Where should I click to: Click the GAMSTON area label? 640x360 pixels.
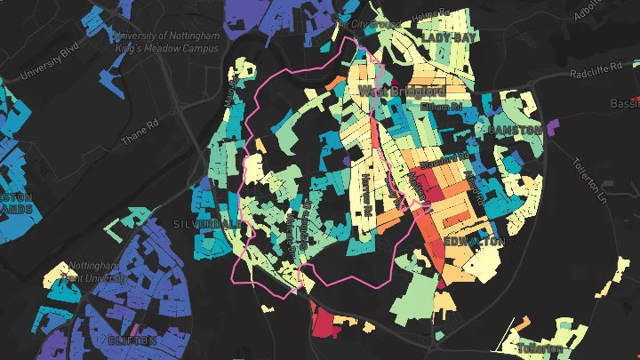514,130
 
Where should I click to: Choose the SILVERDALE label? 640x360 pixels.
202,224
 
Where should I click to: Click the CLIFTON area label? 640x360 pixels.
132,340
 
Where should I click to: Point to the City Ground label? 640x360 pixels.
371,24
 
